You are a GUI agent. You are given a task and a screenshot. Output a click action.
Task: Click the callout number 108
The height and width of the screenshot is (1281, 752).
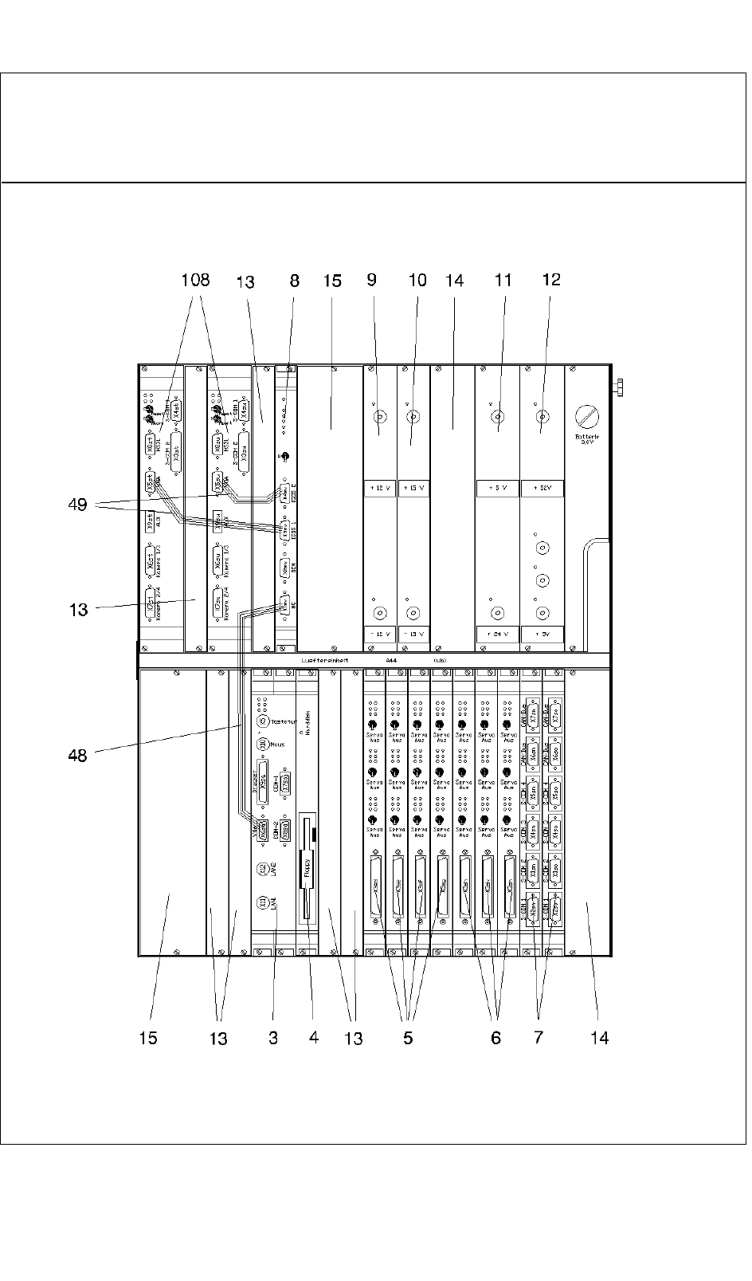click(195, 280)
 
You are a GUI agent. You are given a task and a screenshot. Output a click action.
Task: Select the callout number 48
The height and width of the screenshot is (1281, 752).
click(77, 754)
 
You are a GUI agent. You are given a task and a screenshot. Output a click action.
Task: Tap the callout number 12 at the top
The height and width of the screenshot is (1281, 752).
click(551, 280)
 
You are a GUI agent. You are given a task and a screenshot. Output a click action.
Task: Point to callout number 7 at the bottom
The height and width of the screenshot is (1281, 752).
click(539, 1037)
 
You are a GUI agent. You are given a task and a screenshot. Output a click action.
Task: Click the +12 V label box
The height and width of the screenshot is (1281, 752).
click(380, 488)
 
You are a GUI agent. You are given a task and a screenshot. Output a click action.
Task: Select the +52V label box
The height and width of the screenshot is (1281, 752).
click(542, 488)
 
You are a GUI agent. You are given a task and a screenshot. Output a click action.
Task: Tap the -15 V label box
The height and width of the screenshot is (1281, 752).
click(413, 635)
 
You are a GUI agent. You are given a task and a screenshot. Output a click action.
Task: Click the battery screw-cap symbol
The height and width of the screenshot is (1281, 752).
click(587, 416)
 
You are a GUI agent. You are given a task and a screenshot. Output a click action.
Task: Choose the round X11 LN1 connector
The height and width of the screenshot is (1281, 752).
click(261, 902)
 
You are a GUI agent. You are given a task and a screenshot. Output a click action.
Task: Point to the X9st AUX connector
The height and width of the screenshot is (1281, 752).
click(150, 522)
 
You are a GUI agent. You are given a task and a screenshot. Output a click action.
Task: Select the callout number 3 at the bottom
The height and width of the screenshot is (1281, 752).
click(273, 1037)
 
